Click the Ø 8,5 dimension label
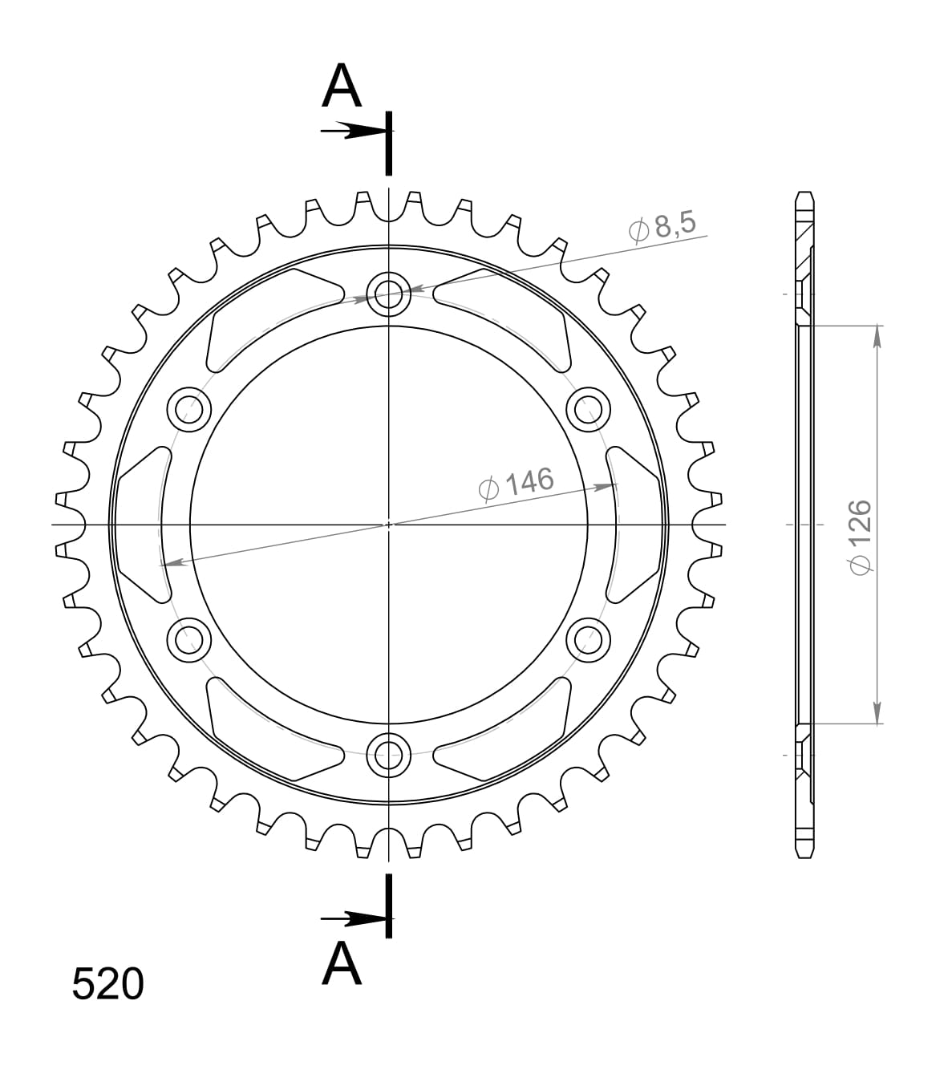pos(662,227)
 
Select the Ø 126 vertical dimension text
pos(858,537)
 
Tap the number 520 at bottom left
pos(107,984)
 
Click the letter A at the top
pos(342,87)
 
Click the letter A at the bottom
pos(342,964)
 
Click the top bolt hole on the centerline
pos(389,294)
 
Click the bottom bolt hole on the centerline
pos(389,753)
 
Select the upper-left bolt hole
pos(189,409)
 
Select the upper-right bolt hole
pos(588,409)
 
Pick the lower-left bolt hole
pos(189,639)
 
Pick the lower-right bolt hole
pos(588,639)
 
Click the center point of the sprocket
pos(389,525)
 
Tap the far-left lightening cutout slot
pos(143,525)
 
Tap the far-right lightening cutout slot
pos(635,525)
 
